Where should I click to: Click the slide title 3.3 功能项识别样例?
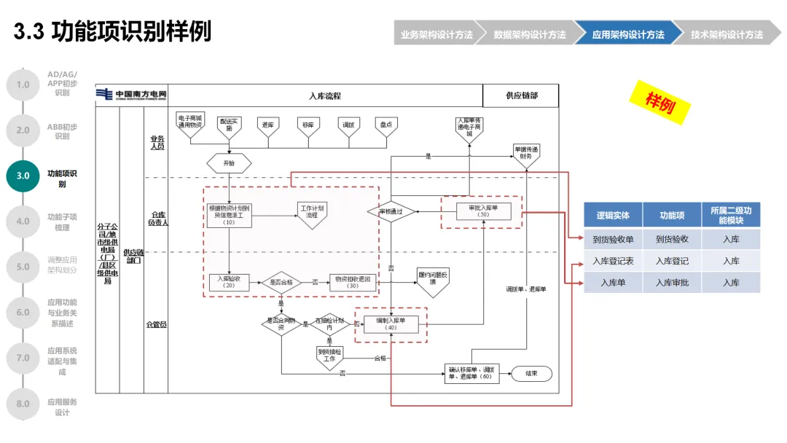coord(113,32)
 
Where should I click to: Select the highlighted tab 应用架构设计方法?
coord(627,34)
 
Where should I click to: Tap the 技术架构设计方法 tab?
coord(726,34)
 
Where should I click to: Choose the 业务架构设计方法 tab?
coord(436,34)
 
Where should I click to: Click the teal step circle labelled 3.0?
coord(23,176)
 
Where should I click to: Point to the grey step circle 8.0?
coord(23,404)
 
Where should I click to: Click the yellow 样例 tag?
coord(659,101)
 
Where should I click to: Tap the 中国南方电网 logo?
coord(132,95)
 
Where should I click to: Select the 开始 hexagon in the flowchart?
coord(229,163)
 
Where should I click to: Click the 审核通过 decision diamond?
coord(391,212)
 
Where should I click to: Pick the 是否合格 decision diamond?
coord(281,282)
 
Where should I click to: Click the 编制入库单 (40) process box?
coord(391,324)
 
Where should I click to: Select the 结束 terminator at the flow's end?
coord(531,374)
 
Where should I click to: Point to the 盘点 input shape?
coord(385,125)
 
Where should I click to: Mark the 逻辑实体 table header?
coord(613,216)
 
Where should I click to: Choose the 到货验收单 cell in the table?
coord(613,239)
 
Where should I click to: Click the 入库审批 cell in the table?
coord(671,283)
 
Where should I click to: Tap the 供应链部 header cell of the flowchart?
coord(521,95)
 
